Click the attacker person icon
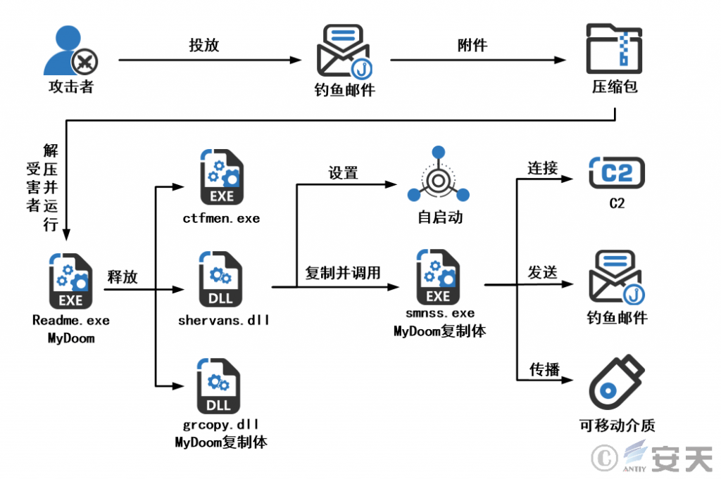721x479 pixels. tap(70, 51)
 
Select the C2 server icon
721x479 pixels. tap(617, 172)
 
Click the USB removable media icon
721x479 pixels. tap(617, 382)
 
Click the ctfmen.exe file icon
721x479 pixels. tap(222, 177)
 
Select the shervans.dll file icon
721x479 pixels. tap(220, 279)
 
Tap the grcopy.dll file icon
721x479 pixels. tap(218, 386)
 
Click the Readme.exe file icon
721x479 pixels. tap(70, 281)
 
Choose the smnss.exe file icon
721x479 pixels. tap(438, 277)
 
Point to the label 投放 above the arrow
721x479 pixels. tap(203, 45)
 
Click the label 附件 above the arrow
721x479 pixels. tap(472, 45)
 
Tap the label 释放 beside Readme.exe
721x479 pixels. tap(123, 277)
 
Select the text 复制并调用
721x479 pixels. tap(343, 273)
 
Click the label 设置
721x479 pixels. tap(343, 173)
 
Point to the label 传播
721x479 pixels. tap(544, 369)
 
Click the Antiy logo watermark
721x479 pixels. tap(652, 457)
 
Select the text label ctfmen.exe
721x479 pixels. tap(221, 219)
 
